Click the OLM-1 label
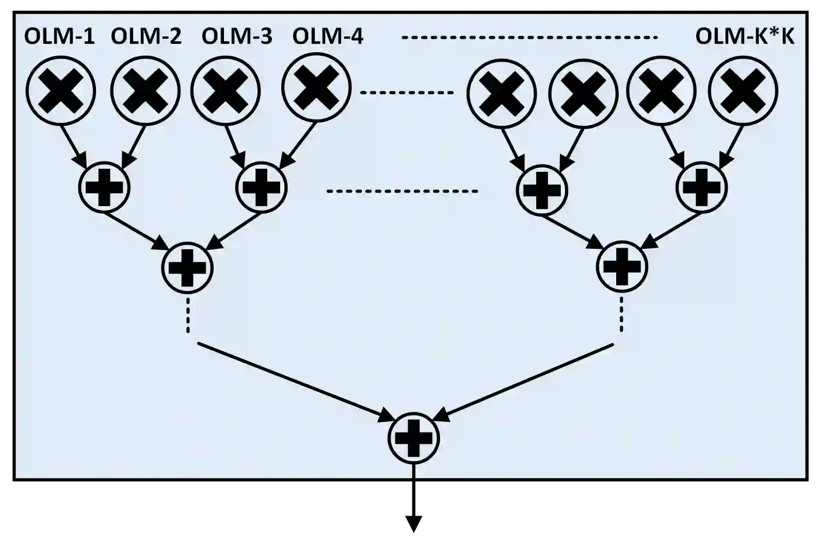click(x=59, y=37)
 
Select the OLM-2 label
click(x=146, y=37)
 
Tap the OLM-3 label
click(x=237, y=37)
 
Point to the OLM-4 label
click(x=328, y=37)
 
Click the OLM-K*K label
click(x=745, y=37)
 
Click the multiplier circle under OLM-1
click(x=61, y=90)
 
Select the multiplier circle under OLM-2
click(x=146, y=90)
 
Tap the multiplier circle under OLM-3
click(x=226, y=90)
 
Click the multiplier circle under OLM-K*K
click(x=743, y=90)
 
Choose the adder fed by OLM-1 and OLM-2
click(x=104, y=187)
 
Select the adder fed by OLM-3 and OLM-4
click(x=261, y=187)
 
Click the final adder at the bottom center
click(x=414, y=438)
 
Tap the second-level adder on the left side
click(x=187, y=267)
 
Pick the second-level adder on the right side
click(x=622, y=266)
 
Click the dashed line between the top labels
click(x=529, y=37)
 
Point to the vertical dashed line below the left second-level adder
click(x=188, y=315)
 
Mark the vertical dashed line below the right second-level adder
click(x=621, y=315)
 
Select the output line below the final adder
click(x=414, y=471)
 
